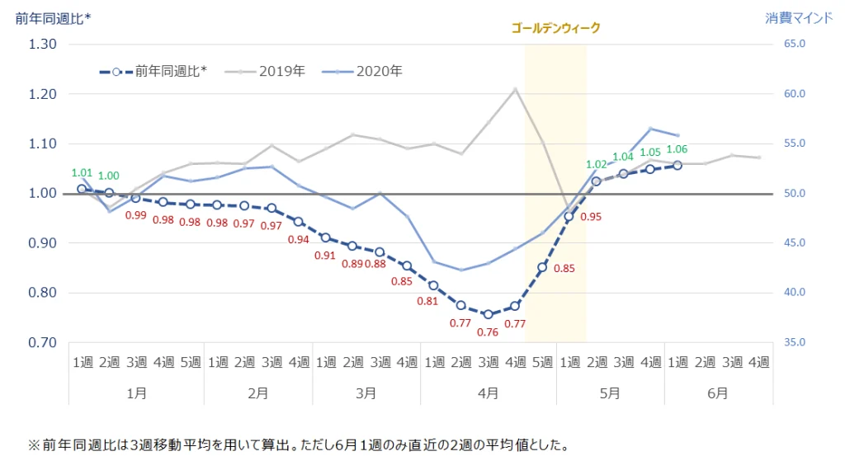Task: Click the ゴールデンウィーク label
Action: coord(555,28)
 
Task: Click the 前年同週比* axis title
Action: coord(53,17)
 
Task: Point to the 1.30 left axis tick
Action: coord(42,45)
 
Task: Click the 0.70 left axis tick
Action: coord(42,343)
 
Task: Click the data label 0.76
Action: coord(487,332)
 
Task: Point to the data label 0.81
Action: coord(427,302)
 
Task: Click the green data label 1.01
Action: coord(82,173)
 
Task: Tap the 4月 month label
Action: coord(487,393)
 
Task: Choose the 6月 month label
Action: coord(717,393)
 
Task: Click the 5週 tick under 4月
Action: coord(541,362)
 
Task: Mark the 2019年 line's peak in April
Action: coord(515,89)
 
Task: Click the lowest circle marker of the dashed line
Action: coord(488,314)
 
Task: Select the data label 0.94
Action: coord(299,240)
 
